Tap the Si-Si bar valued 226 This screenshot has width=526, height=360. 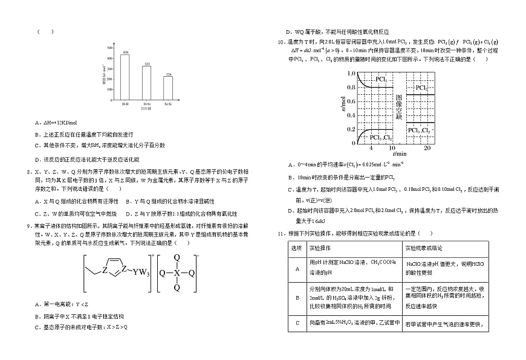coord(168,88)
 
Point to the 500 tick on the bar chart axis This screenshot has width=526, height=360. coord(111,47)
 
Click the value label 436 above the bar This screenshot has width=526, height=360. coord(125,53)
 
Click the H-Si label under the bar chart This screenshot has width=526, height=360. coord(146,104)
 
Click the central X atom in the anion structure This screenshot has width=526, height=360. coord(177,272)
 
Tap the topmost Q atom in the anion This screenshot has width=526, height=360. coord(177,257)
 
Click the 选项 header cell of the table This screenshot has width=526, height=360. coord(296,248)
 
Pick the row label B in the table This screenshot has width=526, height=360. coord(296,297)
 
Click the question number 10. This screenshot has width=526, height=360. coord(281,42)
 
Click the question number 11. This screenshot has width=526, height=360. coord(281,233)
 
